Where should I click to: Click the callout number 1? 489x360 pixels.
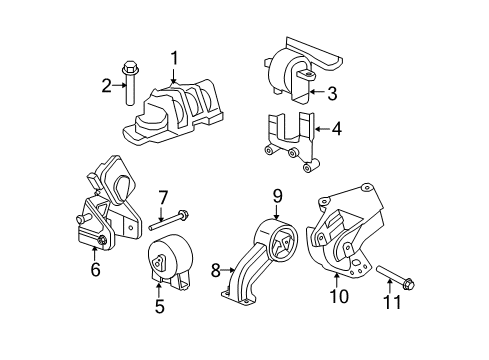click(x=174, y=58)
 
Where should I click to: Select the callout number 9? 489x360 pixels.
click(x=277, y=197)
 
